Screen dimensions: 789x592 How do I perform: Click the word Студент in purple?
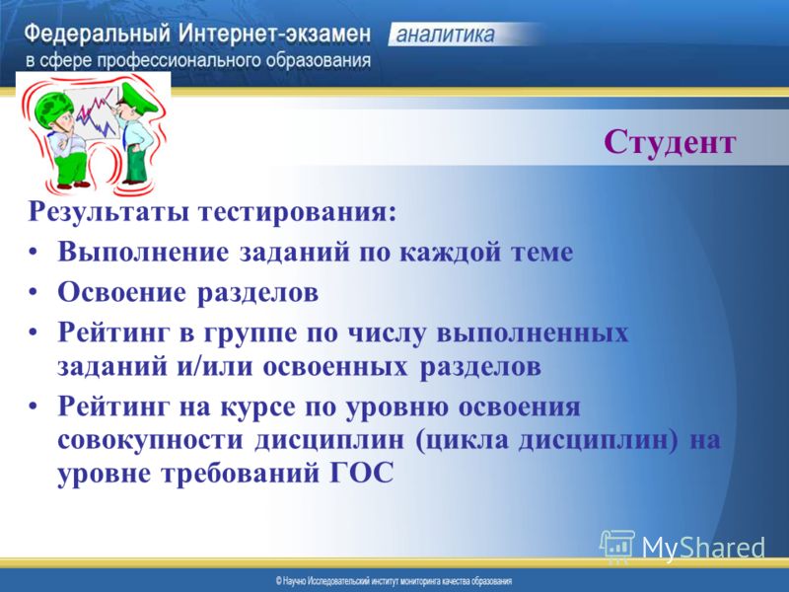[x=670, y=143]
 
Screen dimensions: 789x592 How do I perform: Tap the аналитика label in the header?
[x=446, y=35]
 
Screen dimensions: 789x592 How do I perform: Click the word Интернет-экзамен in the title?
[x=275, y=35]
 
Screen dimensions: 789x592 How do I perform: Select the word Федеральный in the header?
[x=97, y=36]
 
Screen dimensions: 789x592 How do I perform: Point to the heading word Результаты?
[x=108, y=212]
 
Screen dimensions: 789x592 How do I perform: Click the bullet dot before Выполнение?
[x=33, y=252]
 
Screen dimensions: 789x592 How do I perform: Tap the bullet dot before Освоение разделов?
[x=33, y=292]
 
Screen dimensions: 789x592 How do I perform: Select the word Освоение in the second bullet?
[x=121, y=292]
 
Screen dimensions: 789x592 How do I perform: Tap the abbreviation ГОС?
[x=362, y=474]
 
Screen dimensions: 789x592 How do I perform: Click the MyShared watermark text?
[x=703, y=548]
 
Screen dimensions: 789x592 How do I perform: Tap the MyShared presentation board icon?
[x=617, y=547]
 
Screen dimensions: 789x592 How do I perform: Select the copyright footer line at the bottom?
[x=394, y=581]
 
